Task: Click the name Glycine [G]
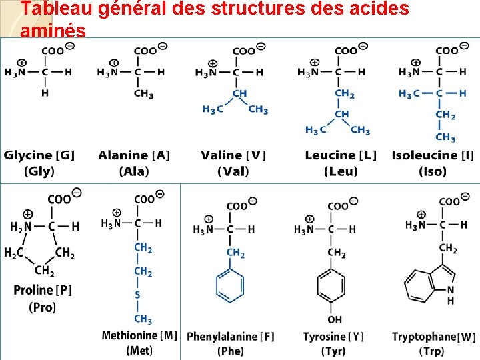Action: point(39,155)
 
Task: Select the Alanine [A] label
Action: point(134,155)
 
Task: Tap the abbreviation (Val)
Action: point(233,171)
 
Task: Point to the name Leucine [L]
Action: point(341,155)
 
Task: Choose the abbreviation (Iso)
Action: point(433,171)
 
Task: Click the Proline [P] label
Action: point(43,290)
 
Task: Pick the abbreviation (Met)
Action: point(138,350)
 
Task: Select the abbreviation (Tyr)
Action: point(333,351)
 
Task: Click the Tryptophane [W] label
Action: point(434,337)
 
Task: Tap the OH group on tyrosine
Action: point(335,320)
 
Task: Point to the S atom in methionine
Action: point(137,295)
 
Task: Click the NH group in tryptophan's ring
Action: point(451,295)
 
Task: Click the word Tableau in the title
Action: point(54,9)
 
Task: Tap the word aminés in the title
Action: point(53,31)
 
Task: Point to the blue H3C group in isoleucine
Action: point(409,94)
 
